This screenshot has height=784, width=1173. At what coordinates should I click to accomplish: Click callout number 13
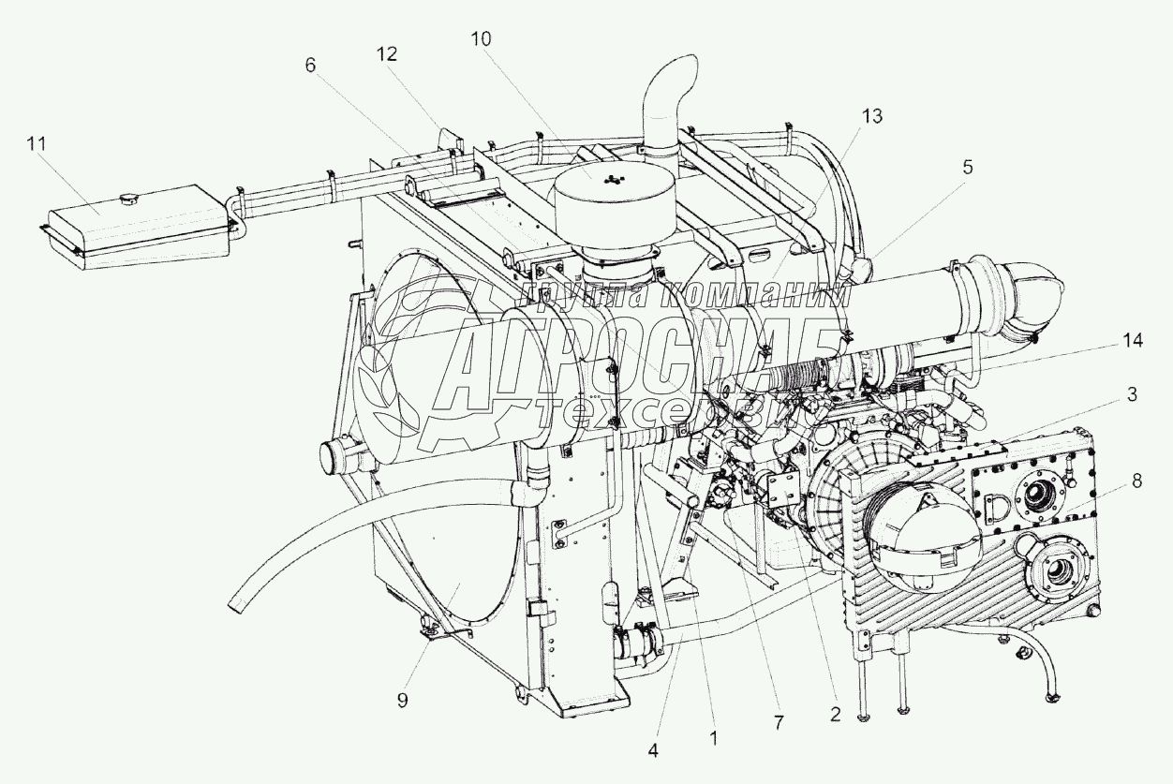[872, 115]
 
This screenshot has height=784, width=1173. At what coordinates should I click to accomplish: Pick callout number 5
[968, 167]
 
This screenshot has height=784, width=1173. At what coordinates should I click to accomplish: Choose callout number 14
[1133, 342]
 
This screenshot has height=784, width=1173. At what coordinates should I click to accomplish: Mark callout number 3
[1132, 394]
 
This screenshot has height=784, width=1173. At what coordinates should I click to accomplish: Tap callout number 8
[1136, 481]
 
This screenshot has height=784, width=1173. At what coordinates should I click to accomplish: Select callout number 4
[653, 749]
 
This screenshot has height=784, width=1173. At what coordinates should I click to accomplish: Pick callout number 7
[780, 723]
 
